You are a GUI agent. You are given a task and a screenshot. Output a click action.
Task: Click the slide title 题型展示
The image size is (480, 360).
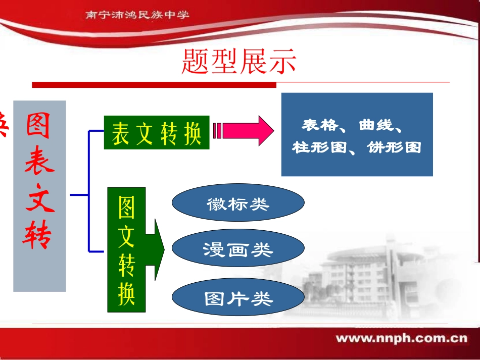238,62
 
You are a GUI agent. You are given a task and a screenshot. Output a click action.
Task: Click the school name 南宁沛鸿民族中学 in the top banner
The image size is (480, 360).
137,15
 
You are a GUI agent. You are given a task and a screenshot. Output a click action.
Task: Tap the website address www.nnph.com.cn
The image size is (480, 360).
402,338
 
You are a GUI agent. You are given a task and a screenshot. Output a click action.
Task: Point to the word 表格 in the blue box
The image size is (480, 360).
319,125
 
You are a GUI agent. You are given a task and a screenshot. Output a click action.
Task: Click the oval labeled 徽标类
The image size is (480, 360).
238,203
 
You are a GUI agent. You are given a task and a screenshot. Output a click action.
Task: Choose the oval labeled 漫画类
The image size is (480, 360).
238,249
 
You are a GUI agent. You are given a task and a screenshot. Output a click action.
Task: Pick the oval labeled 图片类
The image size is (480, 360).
238,298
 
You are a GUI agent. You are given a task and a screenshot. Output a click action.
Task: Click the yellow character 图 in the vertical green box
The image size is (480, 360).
126,208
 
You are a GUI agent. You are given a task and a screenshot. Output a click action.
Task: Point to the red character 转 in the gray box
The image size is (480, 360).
39,234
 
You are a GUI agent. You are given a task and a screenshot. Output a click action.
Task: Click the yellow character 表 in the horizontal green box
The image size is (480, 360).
120,134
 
